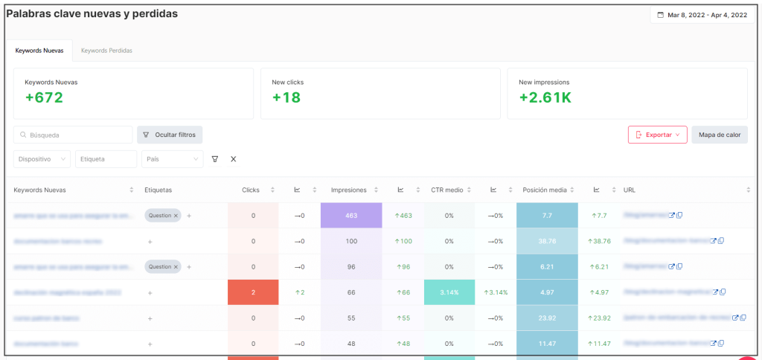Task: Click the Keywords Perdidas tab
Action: (x=106, y=50)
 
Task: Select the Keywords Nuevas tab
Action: (x=39, y=50)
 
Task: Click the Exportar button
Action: (x=657, y=135)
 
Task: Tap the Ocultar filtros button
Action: (x=170, y=135)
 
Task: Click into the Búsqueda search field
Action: (x=73, y=135)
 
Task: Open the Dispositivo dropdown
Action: (x=42, y=159)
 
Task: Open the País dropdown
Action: (x=172, y=159)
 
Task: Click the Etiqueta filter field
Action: (x=106, y=159)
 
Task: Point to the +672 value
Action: (x=44, y=98)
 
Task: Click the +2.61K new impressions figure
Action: (x=545, y=98)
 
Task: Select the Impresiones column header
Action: (x=348, y=190)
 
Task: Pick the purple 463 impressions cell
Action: (x=351, y=215)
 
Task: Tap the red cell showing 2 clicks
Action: (x=253, y=292)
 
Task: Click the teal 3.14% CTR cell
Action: (x=449, y=292)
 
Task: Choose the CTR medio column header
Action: (x=447, y=190)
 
